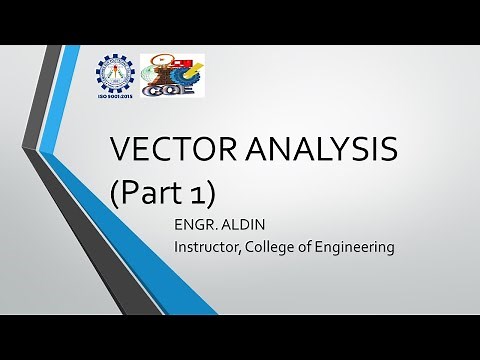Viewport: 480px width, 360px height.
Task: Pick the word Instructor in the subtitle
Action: pos(208,246)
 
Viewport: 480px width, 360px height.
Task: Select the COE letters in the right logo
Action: pos(167,90)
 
